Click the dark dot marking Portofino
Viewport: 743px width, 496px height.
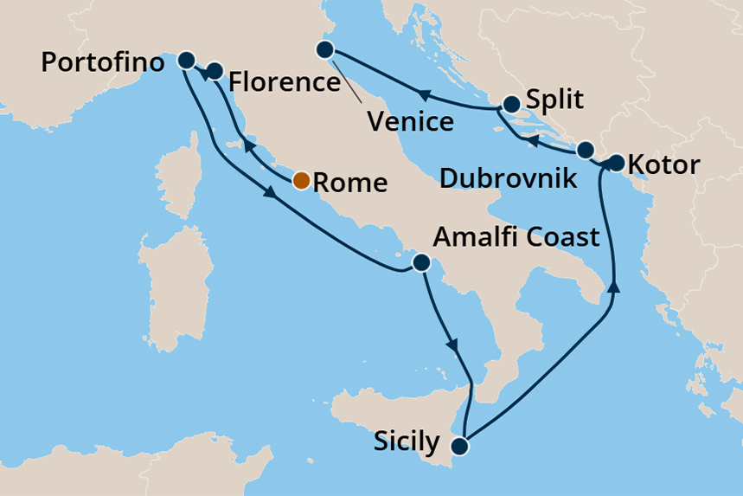186,60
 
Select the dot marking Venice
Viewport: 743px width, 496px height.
325,50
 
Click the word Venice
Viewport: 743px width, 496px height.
411,120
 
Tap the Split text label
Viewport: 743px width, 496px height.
555,100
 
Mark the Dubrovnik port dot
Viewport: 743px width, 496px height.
586,148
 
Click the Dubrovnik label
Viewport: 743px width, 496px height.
508,179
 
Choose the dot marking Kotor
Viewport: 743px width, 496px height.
615,163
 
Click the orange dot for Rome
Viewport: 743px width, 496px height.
300,181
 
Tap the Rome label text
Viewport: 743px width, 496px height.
348,183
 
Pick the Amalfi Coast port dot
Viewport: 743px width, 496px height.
420,263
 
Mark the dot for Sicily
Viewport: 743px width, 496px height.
459,447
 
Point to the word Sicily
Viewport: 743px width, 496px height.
407,442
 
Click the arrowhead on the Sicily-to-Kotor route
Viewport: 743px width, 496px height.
614,287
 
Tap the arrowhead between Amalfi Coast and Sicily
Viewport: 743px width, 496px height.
451,345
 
